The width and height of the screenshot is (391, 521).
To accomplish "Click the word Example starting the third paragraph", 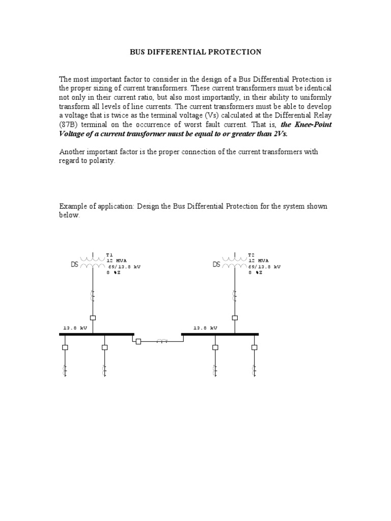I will click(x=74, y=206).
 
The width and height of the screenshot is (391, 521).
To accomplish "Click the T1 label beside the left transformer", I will click(x=109, y=254).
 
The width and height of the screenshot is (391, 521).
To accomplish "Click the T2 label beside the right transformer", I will click(x=251, y=254).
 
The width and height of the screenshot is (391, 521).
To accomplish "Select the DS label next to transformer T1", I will click(x=75, y=265).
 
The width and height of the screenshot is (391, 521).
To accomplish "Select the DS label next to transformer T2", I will click(x=216, y=265).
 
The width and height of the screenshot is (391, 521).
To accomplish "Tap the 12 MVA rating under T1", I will click(x=116, y=260).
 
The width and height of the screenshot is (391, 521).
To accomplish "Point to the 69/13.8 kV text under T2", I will click(x=264, y=267).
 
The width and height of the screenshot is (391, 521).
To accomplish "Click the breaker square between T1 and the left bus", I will click(x=93, y=317).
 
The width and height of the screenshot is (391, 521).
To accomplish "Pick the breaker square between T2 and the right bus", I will click(x=235, y=317).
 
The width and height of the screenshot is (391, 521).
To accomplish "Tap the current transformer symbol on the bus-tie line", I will click(x=162, y=341).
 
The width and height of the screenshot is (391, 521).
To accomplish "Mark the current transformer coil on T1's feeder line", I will click(x=93, y=295).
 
